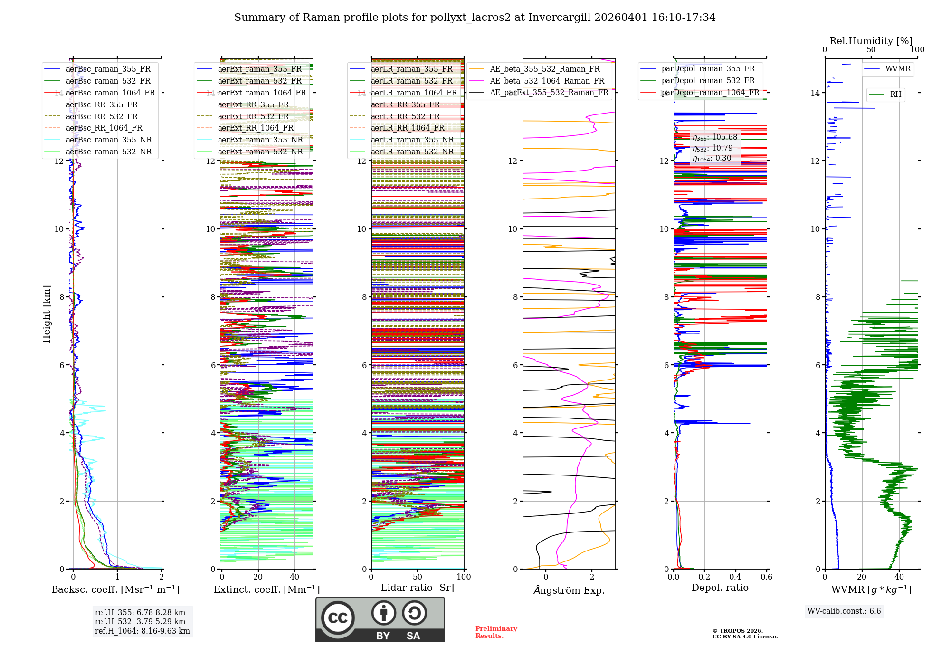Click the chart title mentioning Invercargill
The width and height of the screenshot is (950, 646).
(475, 18)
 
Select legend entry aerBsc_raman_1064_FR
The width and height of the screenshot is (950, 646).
(110, 93)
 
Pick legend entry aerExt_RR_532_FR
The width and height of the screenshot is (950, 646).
(253, 116)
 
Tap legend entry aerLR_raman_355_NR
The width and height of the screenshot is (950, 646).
(412, 140)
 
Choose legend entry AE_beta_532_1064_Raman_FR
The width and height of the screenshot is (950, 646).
(547, 81)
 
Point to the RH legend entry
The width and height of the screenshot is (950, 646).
(895, 95)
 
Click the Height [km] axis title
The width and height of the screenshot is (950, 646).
(47, 313)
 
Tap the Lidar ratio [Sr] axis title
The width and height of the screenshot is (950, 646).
(417, 588)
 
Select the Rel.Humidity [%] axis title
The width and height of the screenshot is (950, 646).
(871, 41)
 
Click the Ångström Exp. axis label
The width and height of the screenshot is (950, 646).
(569, 590)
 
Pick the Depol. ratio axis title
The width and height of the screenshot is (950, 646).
(720, 588)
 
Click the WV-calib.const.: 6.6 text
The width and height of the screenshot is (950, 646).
(844, 611)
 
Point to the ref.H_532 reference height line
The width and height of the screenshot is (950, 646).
(140, 621)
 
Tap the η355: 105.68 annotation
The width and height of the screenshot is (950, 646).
(714, 137)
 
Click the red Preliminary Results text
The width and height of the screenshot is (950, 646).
(496, 632)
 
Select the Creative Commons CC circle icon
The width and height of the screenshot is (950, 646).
(338, 617)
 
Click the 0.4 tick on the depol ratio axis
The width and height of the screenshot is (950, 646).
(735, 577)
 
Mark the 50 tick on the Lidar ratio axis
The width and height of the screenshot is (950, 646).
(418, 577)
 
